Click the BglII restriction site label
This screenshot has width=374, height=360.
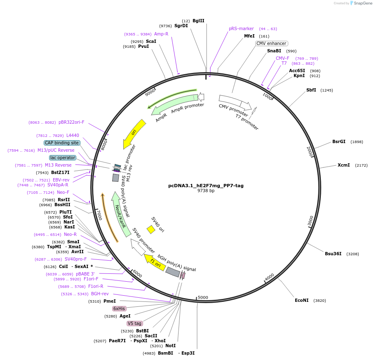[198, 21]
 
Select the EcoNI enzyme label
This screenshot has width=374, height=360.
[301, 300]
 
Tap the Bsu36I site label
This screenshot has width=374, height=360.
[333, 254]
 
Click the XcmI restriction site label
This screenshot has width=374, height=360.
[343, 165]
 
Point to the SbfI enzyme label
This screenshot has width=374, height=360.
[311, 90]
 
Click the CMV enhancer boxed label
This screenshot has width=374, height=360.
[271, 43]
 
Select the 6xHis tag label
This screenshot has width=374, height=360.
[119, 308]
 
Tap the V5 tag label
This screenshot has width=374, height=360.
[134, 323]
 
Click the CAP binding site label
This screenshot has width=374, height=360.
[62, 143]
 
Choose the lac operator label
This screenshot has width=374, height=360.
[63, 158]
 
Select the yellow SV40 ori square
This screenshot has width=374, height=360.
[151, 229]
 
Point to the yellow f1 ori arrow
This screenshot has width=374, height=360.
[154, 261]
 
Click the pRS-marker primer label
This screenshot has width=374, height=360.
[241, 28]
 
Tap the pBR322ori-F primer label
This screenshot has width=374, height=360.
[71, 122]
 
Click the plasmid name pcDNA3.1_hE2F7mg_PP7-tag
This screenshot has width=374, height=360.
[206, 185]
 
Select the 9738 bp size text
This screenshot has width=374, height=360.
[206, 191]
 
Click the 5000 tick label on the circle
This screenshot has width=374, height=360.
[203, 297]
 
